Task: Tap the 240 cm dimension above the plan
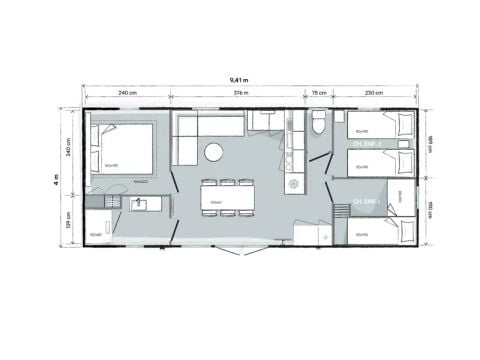pos(126,93)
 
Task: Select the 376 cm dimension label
pos(240,93)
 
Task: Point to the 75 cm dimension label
pos(319,93)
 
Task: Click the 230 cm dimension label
pos(372,93)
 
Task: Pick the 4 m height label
pos(59,180)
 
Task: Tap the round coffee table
pos(213,152)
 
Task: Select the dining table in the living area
pos(225,198)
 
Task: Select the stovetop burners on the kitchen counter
pos(294,185)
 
